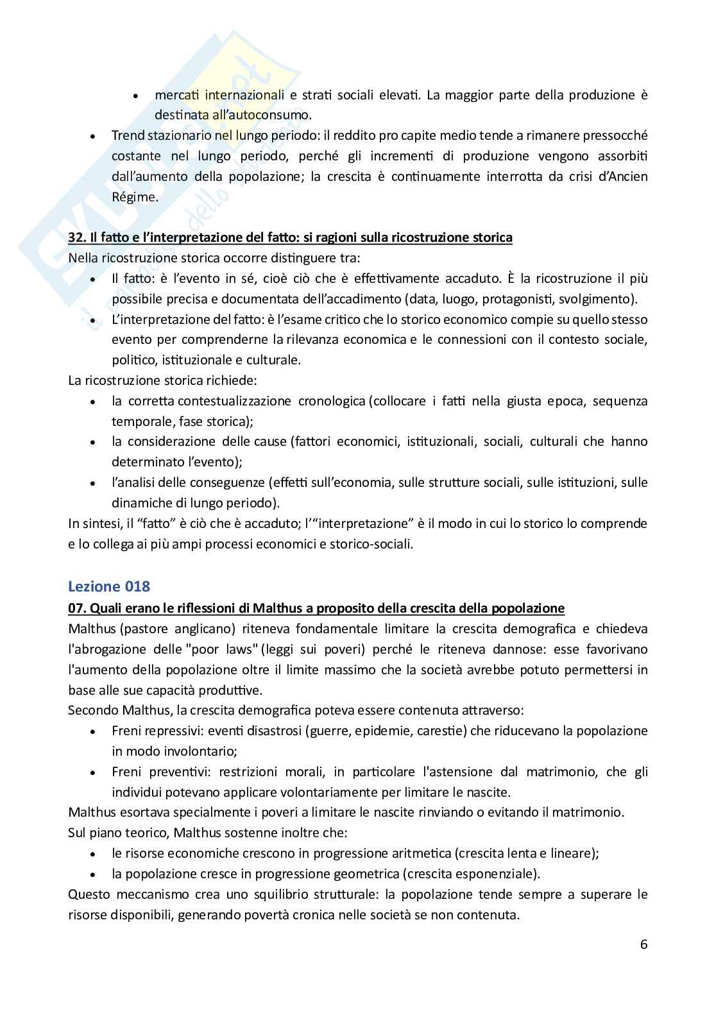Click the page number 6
[644, 944]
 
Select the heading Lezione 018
[108, 586]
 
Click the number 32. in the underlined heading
[78, 237]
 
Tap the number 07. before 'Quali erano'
[78, 608]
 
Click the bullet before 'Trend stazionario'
[94, 137]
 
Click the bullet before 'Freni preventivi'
[94, 772]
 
